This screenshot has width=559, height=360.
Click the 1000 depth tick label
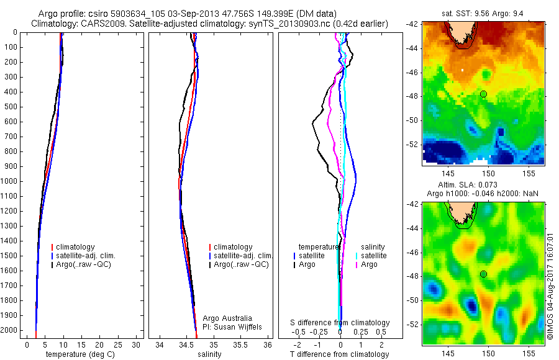click(x=9, y=181)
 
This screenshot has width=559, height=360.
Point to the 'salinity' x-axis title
click(x=209, y=354)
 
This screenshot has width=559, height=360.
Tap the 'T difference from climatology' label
click(x=339, y=354)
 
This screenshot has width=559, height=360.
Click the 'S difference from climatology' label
click(x=340, y=323)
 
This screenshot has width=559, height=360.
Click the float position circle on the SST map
click(x=483, y=94)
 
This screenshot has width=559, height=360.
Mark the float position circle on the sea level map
click(x=483, y=274)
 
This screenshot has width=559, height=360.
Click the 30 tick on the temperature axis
click(x=136, y=344)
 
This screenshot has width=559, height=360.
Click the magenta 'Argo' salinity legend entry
click(x=369, y=264)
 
